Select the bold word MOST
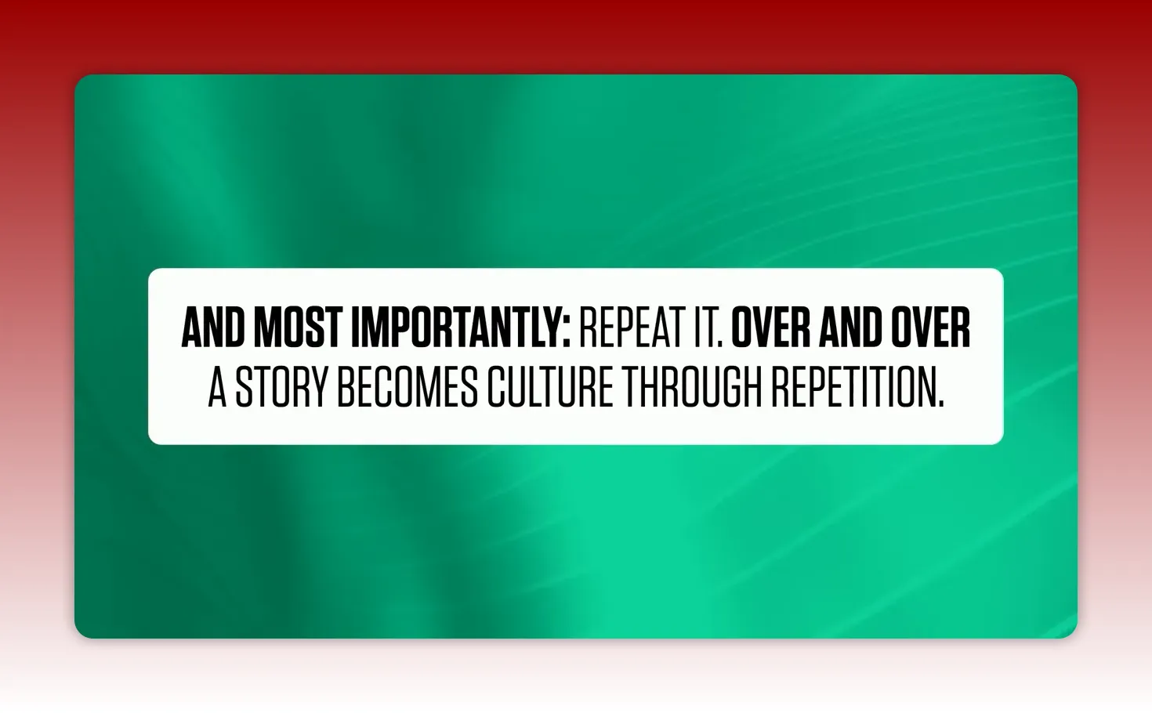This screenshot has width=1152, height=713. pyautogui.click(x=298, y=328)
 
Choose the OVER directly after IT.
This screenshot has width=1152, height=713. pyautogui.click(x=770, y=328)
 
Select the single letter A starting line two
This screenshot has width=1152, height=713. pyautogui.click(x=217, y=387)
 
